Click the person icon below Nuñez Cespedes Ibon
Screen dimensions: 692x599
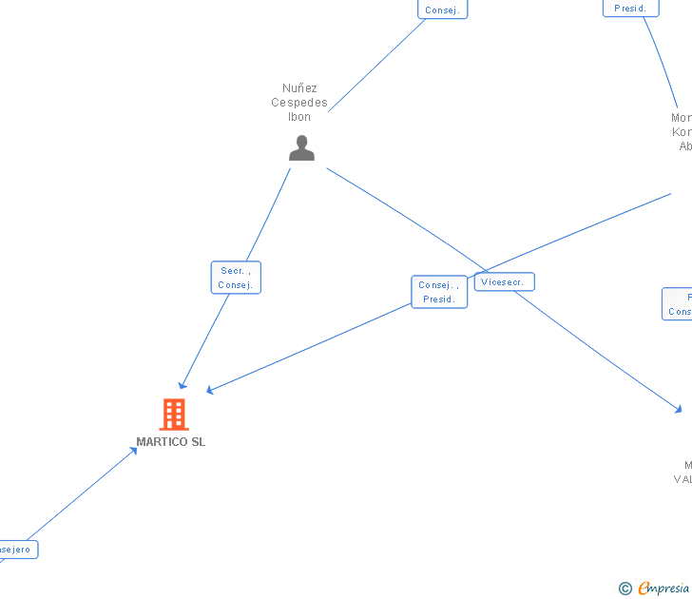coord(301,148)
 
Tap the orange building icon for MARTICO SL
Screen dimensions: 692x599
coord(173,415)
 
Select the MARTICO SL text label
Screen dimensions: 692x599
coord(170,442)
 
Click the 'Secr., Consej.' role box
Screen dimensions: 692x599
coord(235,278)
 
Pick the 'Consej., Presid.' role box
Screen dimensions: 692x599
coord(439,292)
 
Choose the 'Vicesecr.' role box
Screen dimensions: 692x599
coord(504,282)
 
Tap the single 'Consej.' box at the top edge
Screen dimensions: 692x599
coord(442,10)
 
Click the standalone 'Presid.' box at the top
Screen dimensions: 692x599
coord(630,8)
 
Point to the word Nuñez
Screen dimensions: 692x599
coord(299,88)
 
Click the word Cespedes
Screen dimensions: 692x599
coord(299,103)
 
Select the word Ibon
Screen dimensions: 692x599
coord(299,117)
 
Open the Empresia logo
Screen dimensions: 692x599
coord(663,589)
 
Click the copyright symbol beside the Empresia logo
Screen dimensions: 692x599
coord(625,589)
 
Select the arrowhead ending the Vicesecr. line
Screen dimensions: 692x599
coord(679,409)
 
